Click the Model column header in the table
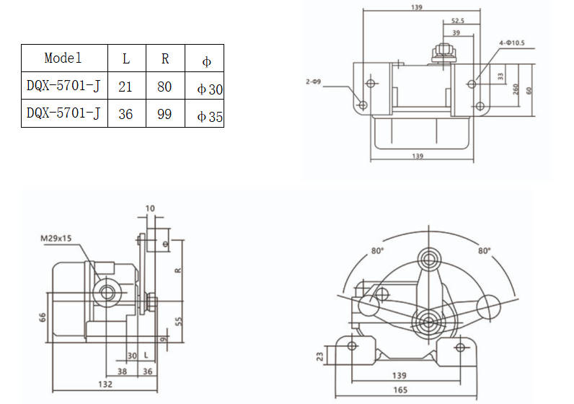point(63,58)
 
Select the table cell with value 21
point(125,87)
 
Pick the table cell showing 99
point(164,114)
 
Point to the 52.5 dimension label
point(459,20)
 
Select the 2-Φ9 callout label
point(313,83)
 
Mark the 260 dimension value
point(516,89)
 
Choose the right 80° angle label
point(483,251)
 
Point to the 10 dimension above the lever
point(149,209)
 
